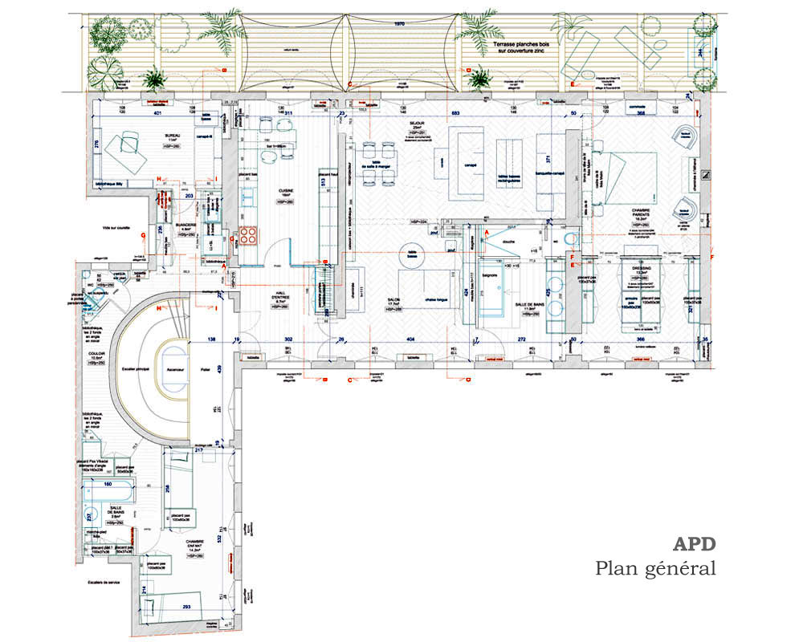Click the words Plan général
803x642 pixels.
tap(655, 569)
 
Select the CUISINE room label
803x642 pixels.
tap(286, 191)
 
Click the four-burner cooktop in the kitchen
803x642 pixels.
tap(247, 235)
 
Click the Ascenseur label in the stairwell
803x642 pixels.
tap(176, 369)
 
